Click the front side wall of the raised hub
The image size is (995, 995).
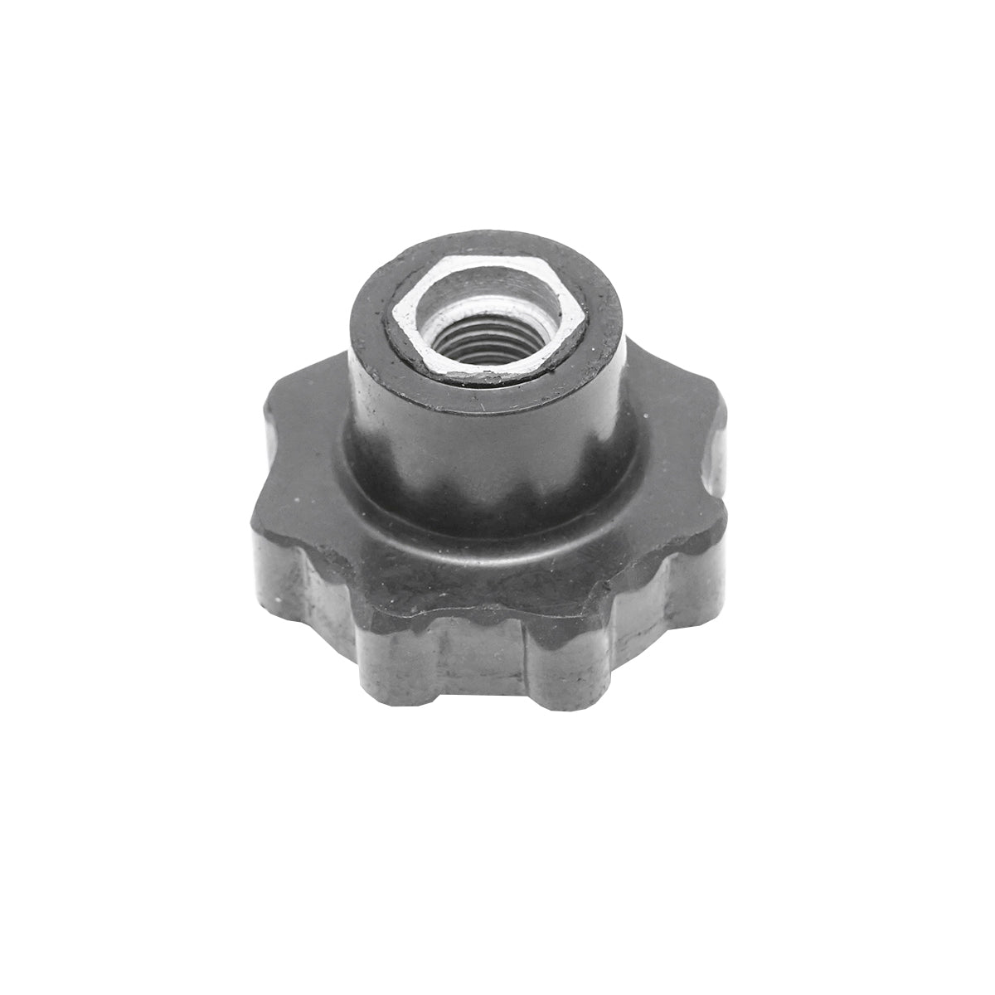click(481, 448)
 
